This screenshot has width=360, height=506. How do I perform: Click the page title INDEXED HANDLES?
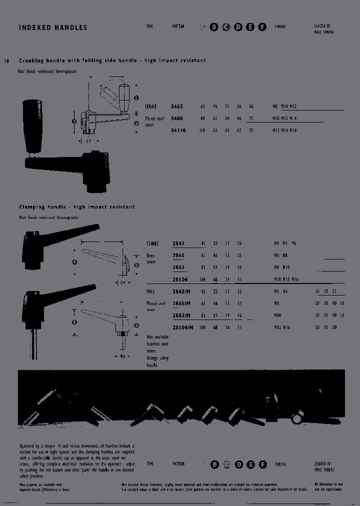(x=53, y=27)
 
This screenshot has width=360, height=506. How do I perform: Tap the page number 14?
(x=6, y=61)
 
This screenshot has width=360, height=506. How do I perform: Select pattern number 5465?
(x=177, y=106)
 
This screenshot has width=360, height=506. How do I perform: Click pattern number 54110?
(x=178, y=130)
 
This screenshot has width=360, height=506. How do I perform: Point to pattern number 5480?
(x=177, y=118)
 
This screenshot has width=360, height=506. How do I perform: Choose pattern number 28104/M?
(x=182, y=327)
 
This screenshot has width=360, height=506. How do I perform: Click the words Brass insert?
(x=150, y=258)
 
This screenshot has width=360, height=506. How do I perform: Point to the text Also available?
(x=158, y=337)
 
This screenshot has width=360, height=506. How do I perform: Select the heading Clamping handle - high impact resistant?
(x=77, y=207)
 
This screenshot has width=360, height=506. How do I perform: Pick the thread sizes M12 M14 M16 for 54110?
(x=284, y=130)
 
